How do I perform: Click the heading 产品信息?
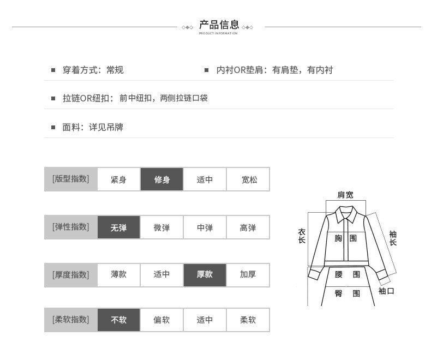219,25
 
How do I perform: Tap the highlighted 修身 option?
161,179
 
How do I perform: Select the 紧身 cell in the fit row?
118,179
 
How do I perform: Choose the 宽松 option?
248,179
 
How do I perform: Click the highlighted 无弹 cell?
118,227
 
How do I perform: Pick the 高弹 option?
248,227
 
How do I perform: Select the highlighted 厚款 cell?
205,275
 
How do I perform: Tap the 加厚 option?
248,275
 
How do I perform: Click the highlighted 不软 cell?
118,320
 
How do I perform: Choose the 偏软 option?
161,320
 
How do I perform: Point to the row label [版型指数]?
70,179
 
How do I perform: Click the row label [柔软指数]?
70,320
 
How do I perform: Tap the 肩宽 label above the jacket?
345,195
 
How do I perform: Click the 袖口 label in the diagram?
386,291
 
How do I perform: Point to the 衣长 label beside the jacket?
302,236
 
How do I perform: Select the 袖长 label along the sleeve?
393,238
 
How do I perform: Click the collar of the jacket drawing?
346,214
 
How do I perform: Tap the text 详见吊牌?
106,127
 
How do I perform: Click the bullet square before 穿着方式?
53,70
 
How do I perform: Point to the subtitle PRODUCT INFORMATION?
218,33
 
